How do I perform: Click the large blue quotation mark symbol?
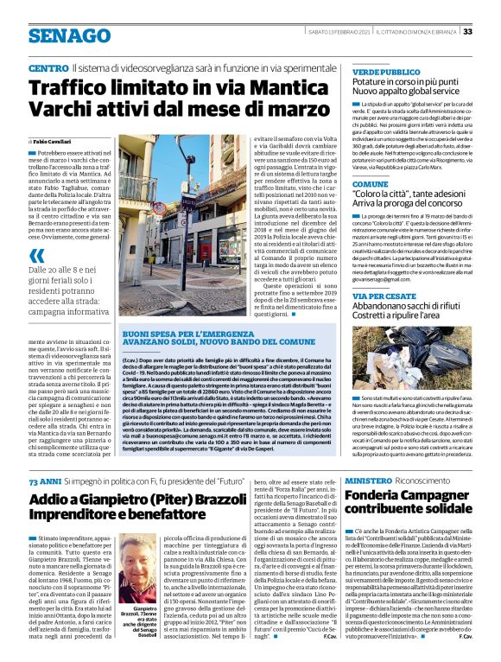pyautogui.click(x=36, y=255)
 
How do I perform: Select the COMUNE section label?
pyautogui.click(x=371, y=185)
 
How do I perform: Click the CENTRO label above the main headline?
pyautogui.click(x=48, y=67)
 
